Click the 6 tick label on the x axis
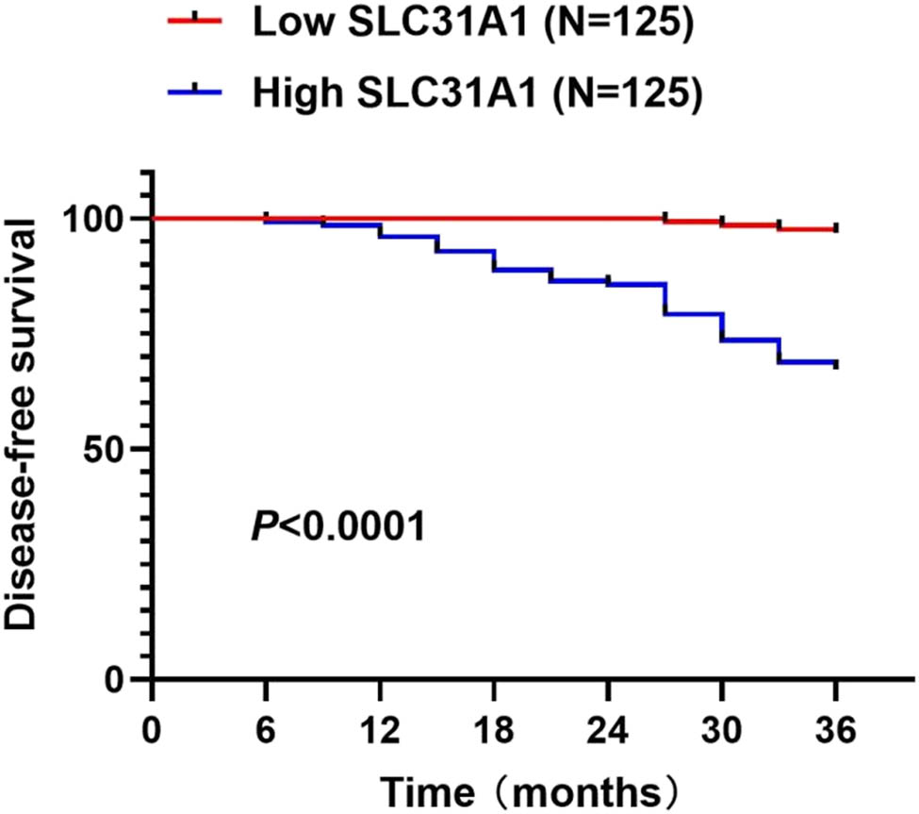pos(266,728)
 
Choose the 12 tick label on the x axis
pos(380,728)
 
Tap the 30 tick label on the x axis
pos(722,728)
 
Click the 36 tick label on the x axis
pos(836,728)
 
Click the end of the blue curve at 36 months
pos(835,363)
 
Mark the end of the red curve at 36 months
pos(835,229)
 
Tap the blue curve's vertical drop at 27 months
pos(665,299)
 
